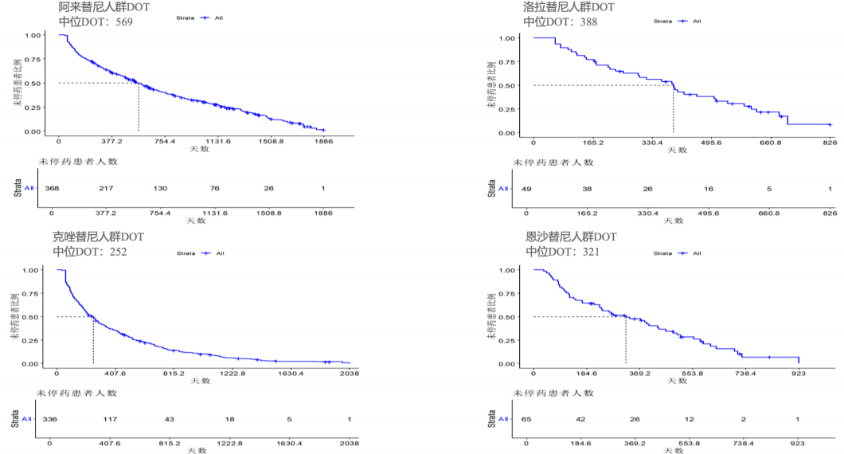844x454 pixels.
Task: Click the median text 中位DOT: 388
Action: [x=561, y=22]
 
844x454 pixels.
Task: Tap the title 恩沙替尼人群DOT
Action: [x=571, y=237]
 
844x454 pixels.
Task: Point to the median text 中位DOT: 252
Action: [x=90, y=252]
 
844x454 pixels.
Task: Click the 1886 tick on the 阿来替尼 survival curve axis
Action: [x=323, y=142]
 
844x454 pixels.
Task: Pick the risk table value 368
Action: [x=53, y=188]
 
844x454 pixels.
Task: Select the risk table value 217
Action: [x=106, y=188]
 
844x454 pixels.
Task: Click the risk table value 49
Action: [x=526, y=189]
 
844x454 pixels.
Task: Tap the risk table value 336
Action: [x=50, y=420]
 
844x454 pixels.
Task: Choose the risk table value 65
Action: [x=526, y=420]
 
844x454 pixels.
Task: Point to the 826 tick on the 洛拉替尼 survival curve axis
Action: [x=829, y=143]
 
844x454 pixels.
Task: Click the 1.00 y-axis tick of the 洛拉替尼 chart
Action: [x=509, y=37]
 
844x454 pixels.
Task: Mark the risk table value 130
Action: [x=160, y=188]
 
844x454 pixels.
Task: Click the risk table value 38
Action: [x=587, y=189]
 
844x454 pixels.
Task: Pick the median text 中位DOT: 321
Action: [x=563, y=252]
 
